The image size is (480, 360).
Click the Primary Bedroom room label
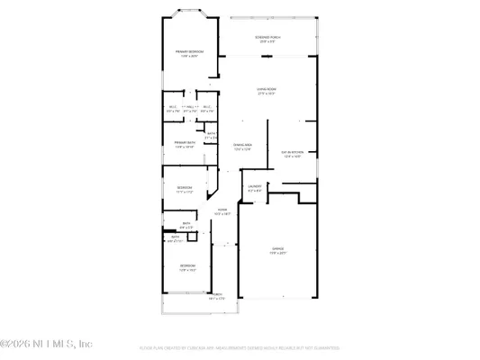pos(189,51)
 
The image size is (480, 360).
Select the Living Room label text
pos(267,89)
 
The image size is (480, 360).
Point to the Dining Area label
pos(242,145)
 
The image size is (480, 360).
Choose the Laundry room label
pos(254,186)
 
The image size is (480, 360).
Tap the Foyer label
pos(222,210)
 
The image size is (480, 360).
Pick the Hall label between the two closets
pos(189,107)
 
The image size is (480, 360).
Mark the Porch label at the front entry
pos(217,293)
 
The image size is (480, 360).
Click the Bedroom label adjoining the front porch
pos(187,265)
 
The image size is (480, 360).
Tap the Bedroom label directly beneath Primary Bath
pos(185,187)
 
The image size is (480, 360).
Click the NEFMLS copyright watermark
pos(47,344)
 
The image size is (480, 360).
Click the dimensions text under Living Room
pos(267,94)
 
